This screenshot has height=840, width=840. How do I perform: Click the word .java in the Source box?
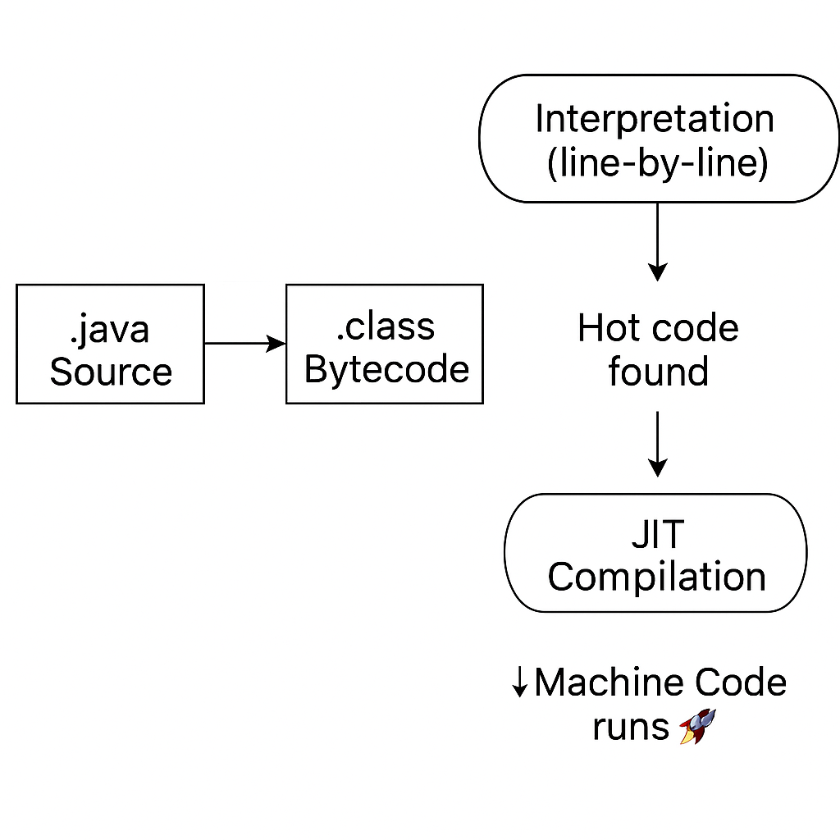pos(109,329)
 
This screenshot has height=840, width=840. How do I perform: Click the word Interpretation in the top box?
pos(655,119)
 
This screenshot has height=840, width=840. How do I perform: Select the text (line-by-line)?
pos(657,163)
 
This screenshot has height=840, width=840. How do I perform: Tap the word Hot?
pos(608,329)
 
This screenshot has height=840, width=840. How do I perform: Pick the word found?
pos(658,372)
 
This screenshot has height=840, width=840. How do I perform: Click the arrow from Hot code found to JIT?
pos(657,443)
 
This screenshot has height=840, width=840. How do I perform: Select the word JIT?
pos(657,535)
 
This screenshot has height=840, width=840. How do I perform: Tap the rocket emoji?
pos(698,727)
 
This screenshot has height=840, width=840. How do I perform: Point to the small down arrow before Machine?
pos(519,683)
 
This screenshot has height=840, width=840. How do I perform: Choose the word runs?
pos(631,727)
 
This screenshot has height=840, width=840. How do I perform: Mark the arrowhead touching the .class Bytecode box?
pos(277,344)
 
